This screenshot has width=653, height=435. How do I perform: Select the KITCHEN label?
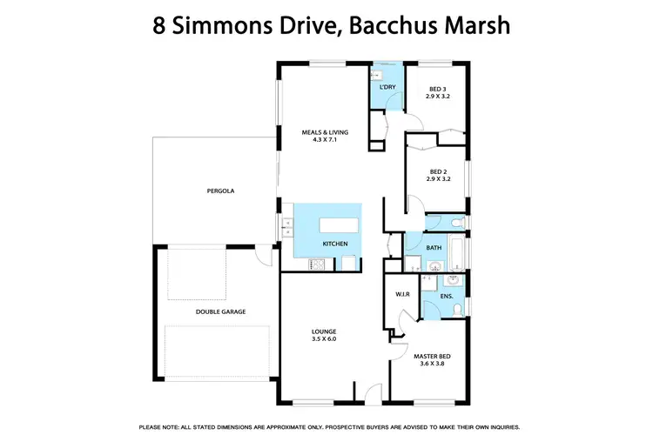pos(335,244)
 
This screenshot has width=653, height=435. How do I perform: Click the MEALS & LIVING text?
pos(325,132)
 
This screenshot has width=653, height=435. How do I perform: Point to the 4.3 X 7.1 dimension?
pos(325,140)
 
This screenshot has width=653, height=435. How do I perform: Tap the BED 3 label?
pos(438,89)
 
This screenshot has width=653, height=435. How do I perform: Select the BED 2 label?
pos(438,171)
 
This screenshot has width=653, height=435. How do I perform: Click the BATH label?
pos(434,248)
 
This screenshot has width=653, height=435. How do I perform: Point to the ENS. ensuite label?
pos(446,296)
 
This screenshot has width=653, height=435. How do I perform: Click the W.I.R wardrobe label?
pos(402,293)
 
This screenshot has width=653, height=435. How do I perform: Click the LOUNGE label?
pos(325,331)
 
